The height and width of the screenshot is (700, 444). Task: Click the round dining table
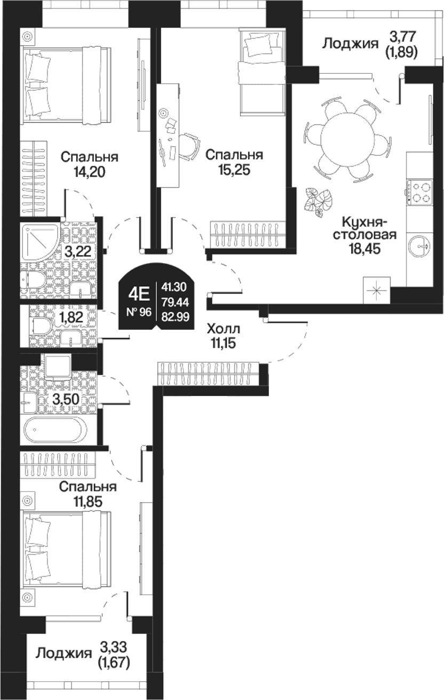(347, 138)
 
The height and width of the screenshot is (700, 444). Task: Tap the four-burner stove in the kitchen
(419, 190)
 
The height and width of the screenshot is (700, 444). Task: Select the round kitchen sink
(419, 246)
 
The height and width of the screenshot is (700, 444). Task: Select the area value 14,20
(89, 171)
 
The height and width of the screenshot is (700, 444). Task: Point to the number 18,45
(364, 249)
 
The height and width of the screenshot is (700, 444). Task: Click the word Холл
(224, 329)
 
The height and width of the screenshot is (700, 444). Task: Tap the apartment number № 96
(139, 312)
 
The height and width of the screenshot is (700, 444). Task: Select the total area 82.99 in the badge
(175, 317)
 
